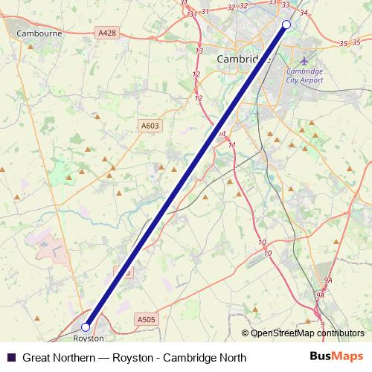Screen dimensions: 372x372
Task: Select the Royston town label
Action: point(89,339)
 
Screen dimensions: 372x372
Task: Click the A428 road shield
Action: point(107,33)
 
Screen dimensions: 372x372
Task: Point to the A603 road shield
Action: point(150,126)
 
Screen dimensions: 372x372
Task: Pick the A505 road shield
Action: point(147,319)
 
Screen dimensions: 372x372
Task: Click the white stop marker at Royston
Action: point(86,327)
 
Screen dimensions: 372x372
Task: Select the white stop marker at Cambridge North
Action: point(286,25)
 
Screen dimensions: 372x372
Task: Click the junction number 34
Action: point(303,13)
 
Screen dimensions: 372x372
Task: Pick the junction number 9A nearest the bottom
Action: point(321,295)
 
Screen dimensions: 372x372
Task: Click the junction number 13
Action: point(199,51)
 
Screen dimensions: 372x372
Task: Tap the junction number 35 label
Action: point(343,44)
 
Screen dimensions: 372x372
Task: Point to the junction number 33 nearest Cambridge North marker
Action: point(286,4)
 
